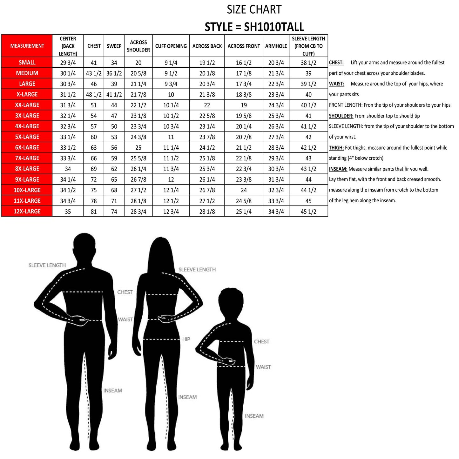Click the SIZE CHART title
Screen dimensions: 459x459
(x=254, y=10)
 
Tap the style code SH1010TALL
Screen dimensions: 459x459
(x=274, y=27)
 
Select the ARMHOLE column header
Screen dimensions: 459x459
(x=276, y=46)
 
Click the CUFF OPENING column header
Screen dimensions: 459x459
(x=171, y=46)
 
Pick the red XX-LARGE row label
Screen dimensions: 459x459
(x=27, y=105)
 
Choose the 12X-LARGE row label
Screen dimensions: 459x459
(x=27, y=211)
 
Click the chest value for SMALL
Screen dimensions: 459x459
(x=94, y=63)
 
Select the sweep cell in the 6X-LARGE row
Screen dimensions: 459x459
(x=114, y=148)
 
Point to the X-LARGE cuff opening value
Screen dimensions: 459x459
(x=171, y=95)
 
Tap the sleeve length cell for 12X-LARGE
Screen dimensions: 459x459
(x=308, y=212)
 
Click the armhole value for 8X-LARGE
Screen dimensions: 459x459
(x=276, y=169)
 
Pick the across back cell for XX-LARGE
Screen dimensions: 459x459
(x=207, y=105)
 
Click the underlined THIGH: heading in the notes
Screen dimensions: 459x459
(x=336, y=148)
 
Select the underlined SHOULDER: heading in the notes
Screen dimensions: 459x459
(x=341, y=116)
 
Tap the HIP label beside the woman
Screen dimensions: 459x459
(x=186, y=339)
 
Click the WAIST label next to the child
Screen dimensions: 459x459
(x=263, y=367)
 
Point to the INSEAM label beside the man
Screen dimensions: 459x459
(x=112, y=390)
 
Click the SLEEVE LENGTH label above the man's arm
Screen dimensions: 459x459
(x=47, y=265)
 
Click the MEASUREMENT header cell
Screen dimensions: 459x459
(x=27, y=46)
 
